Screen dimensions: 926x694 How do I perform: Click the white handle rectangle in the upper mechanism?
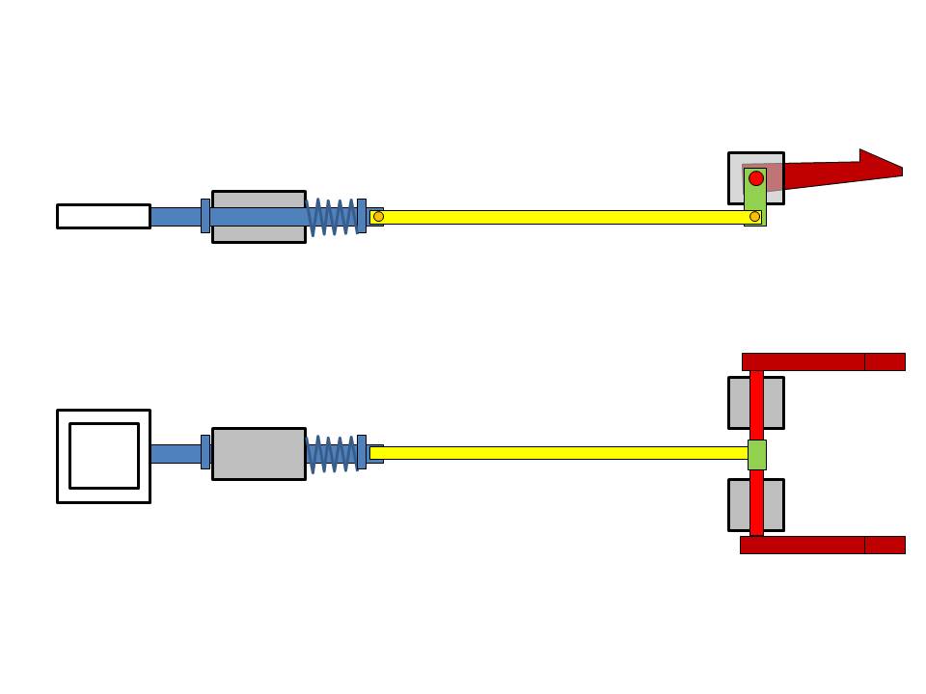[103, 216]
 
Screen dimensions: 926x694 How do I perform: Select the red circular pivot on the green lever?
[756, 178]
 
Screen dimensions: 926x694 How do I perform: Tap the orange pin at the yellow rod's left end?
[378, 217]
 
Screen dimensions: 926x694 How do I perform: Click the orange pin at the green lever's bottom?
[755, 217]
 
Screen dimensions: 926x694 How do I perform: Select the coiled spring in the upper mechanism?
[332, 217]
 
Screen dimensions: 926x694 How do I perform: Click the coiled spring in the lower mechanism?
[331, 453]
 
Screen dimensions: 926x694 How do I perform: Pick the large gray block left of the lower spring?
[259, 453]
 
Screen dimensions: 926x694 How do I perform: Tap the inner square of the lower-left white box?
[104, 456]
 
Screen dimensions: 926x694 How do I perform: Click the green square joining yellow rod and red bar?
[757, 454]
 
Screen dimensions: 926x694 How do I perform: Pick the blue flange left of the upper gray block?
[205, 216]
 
